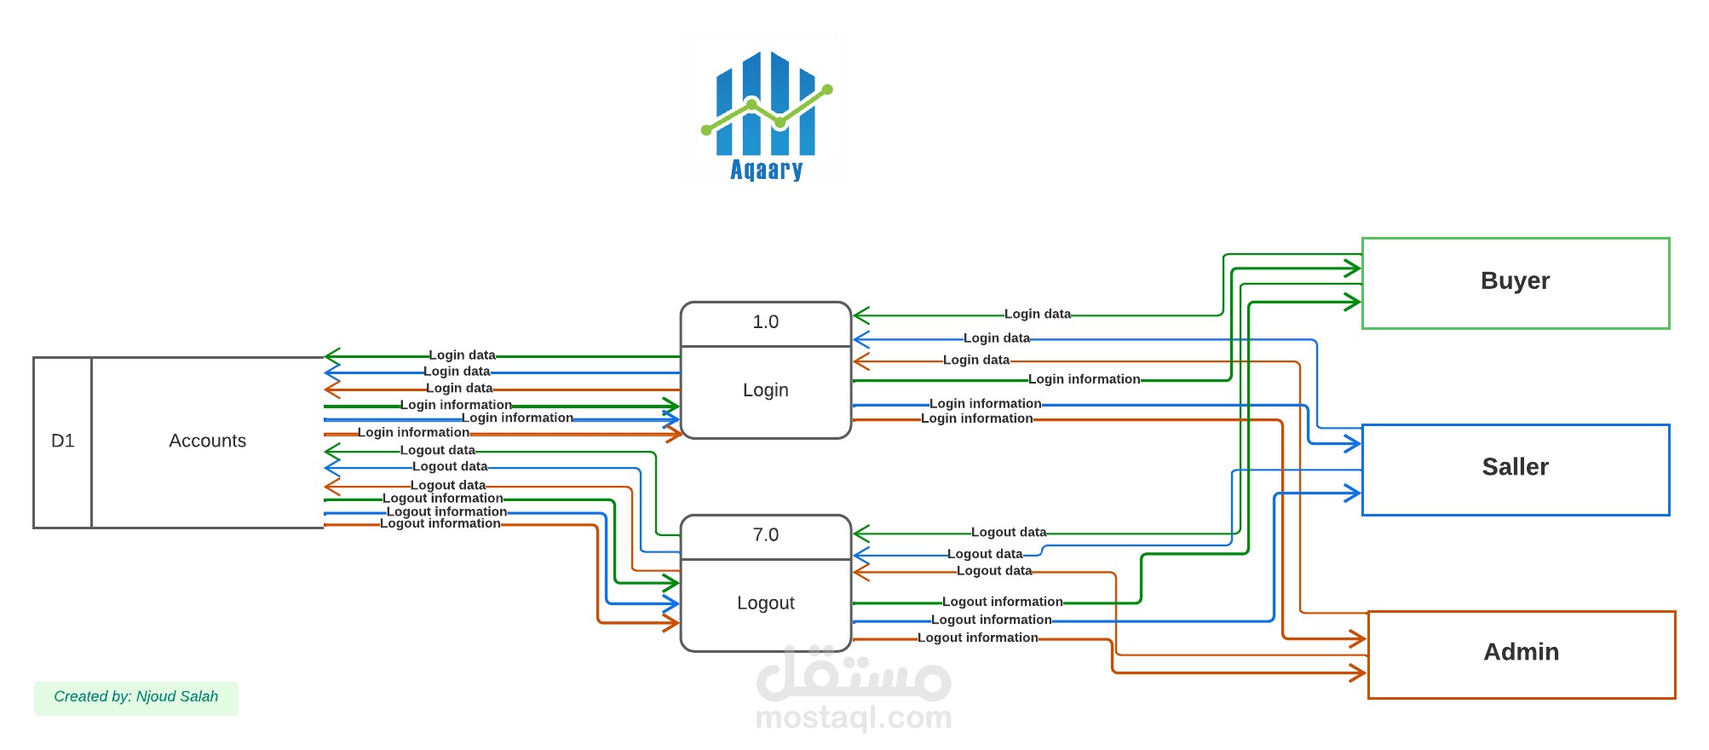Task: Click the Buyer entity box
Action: coord(1515,282)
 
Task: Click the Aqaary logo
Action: coord(765,108)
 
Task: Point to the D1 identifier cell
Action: coord(62,441)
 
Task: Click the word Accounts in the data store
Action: coord(207,441)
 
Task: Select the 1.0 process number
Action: coord(765,322)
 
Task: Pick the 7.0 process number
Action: coord(765,535)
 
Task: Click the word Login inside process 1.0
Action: coord(765,390)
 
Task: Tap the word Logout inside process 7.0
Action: coord(765,603)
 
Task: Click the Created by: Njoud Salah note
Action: coord(135,697)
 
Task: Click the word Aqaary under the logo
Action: coord(766,170)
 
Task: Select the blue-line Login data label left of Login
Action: coord(457,372)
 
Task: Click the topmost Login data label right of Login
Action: coord(1037,314)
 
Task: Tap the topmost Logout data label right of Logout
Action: coord(1008,532)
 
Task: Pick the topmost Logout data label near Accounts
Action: coord(437,450)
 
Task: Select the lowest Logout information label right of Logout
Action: coord(977,637)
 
